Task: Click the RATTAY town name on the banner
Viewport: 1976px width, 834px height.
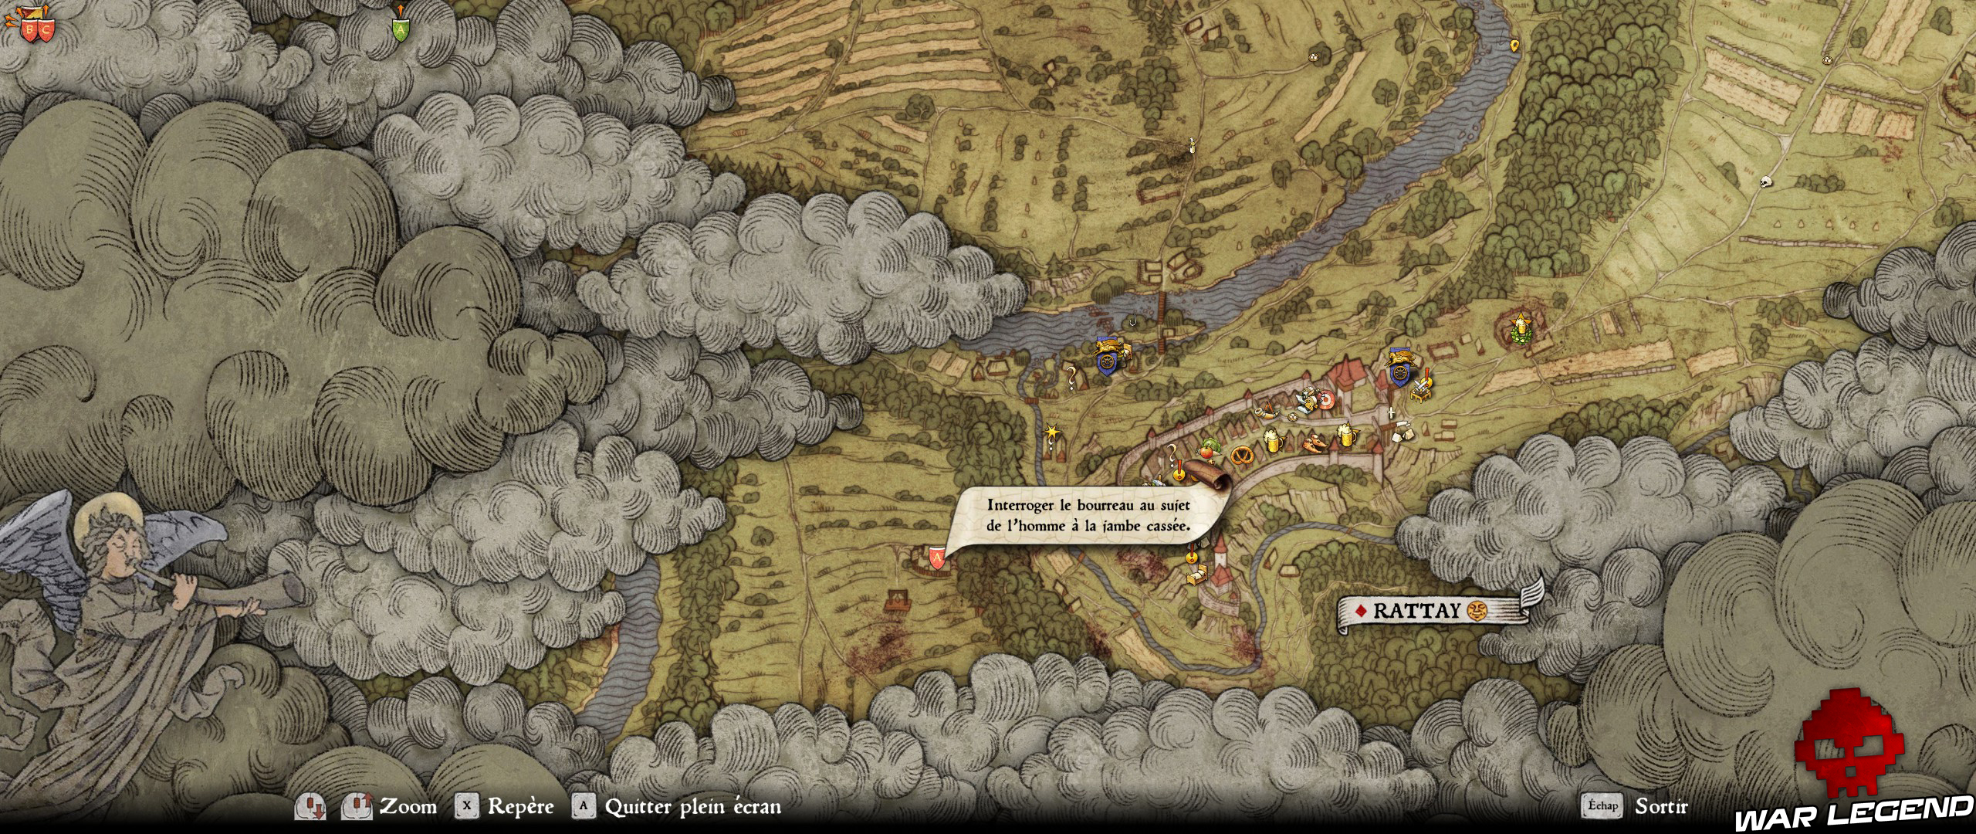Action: [1416, 611]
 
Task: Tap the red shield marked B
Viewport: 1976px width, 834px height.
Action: [29, 31]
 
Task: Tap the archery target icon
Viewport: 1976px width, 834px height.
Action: [1325, 400]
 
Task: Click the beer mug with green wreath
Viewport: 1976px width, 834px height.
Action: [1521, 328]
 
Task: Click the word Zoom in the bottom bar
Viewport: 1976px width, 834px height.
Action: [408, 807]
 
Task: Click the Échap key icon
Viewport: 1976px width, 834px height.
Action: [1602, 806]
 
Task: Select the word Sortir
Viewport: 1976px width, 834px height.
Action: [1661, 807]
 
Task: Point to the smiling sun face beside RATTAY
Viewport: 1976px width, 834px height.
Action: [1477, 610]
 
